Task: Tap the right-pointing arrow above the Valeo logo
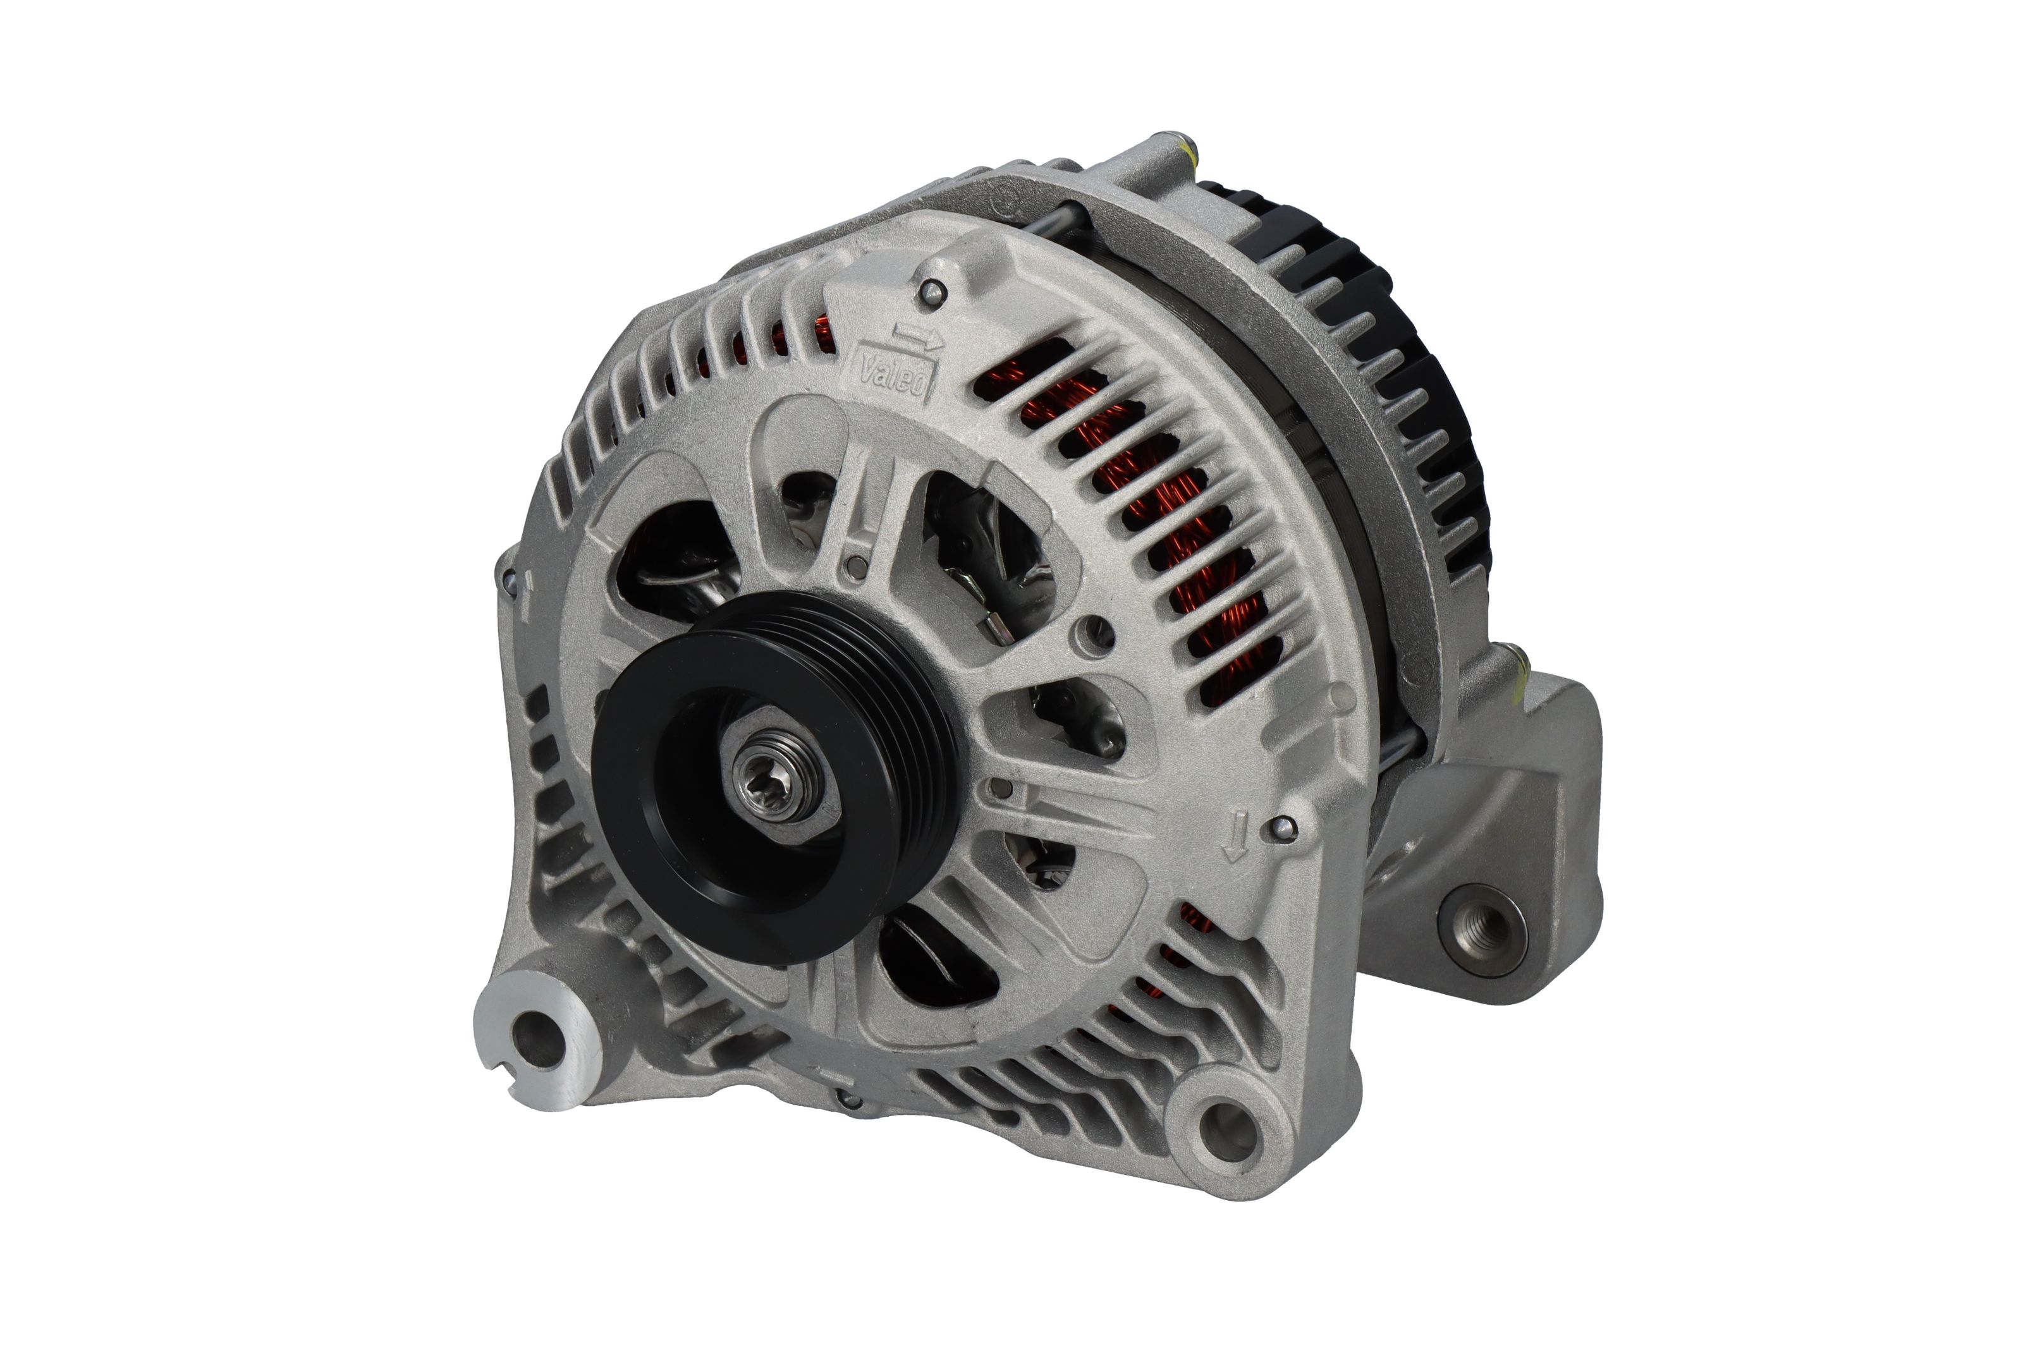[x=917, y=336]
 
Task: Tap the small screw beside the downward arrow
[x=1283, y=827]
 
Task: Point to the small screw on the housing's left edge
[x=509, y=580]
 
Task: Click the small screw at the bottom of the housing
[x=848, y=1100]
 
